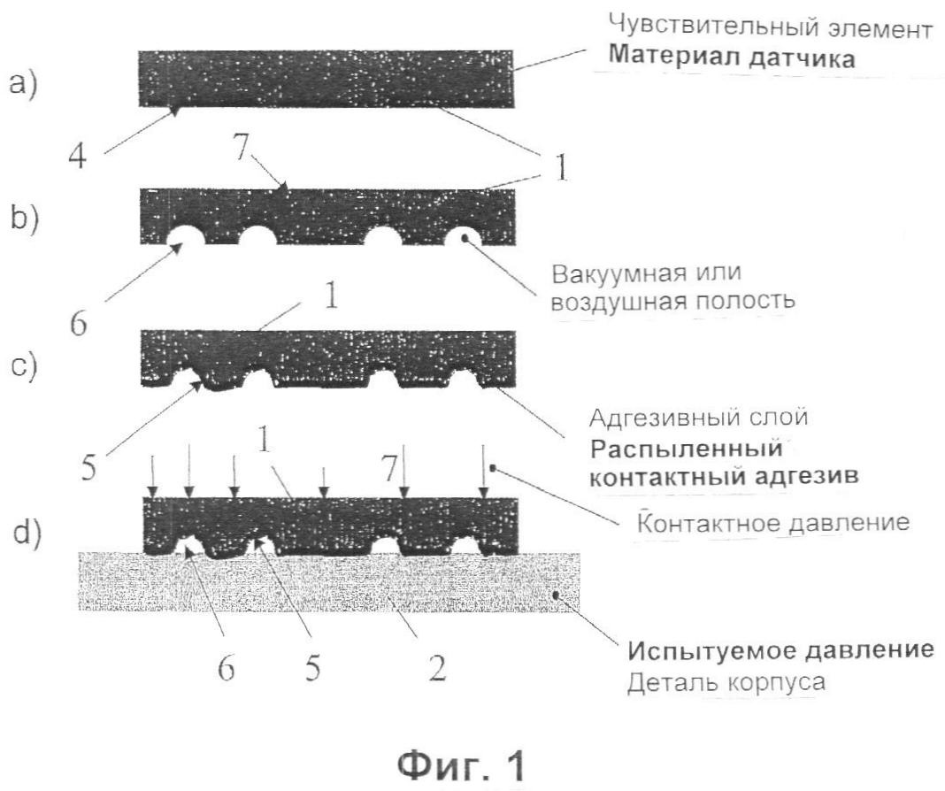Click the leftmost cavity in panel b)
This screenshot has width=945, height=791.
(x=185, y=236)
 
